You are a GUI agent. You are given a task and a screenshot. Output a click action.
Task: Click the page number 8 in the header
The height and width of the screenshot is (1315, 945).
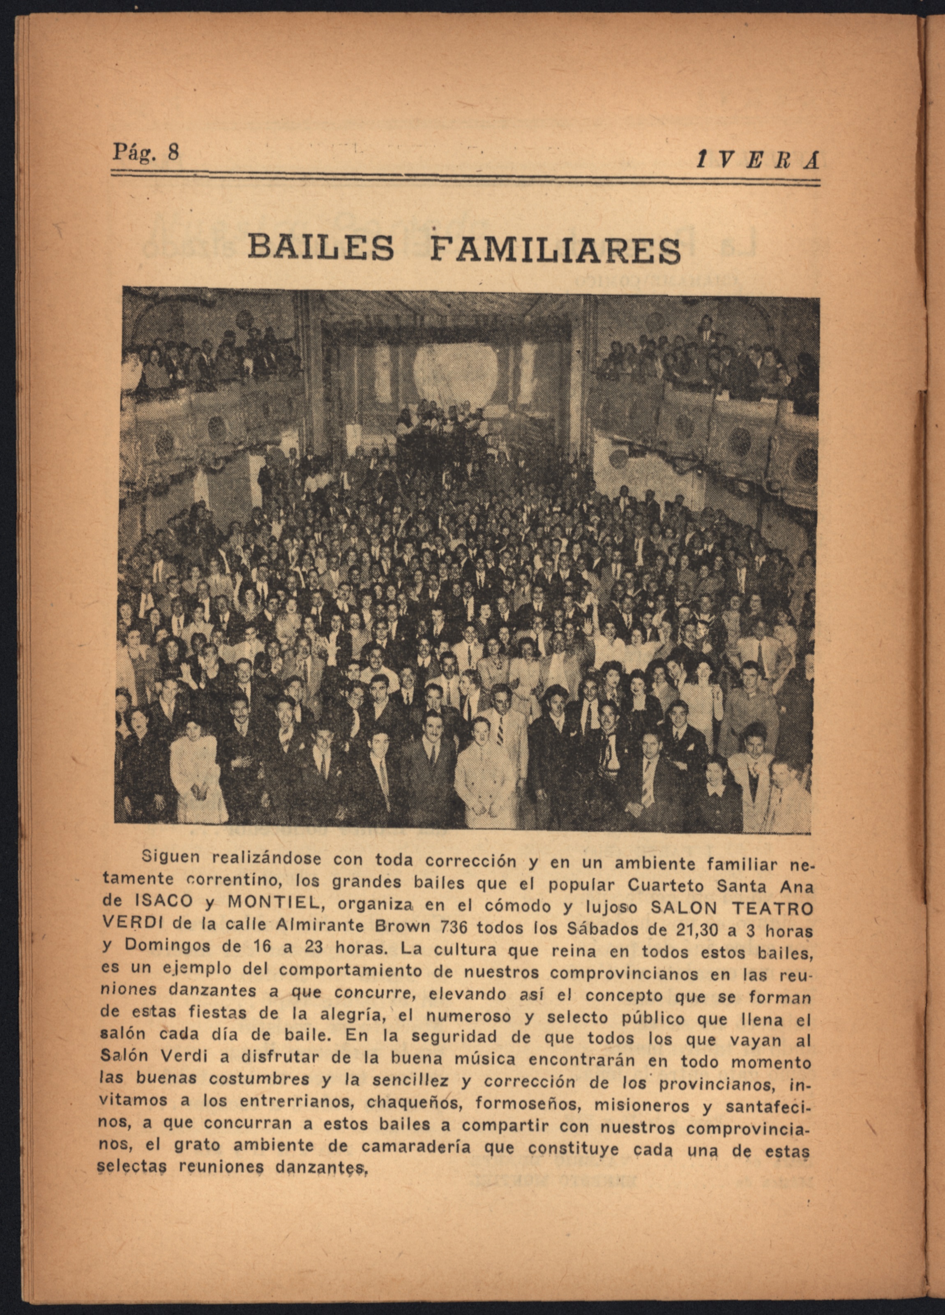click(173, 152)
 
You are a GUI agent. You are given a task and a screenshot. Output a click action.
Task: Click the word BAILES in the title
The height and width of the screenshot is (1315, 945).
click(320, 247)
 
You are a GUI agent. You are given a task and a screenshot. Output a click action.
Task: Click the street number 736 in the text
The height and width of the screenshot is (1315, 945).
click(454, 927)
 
